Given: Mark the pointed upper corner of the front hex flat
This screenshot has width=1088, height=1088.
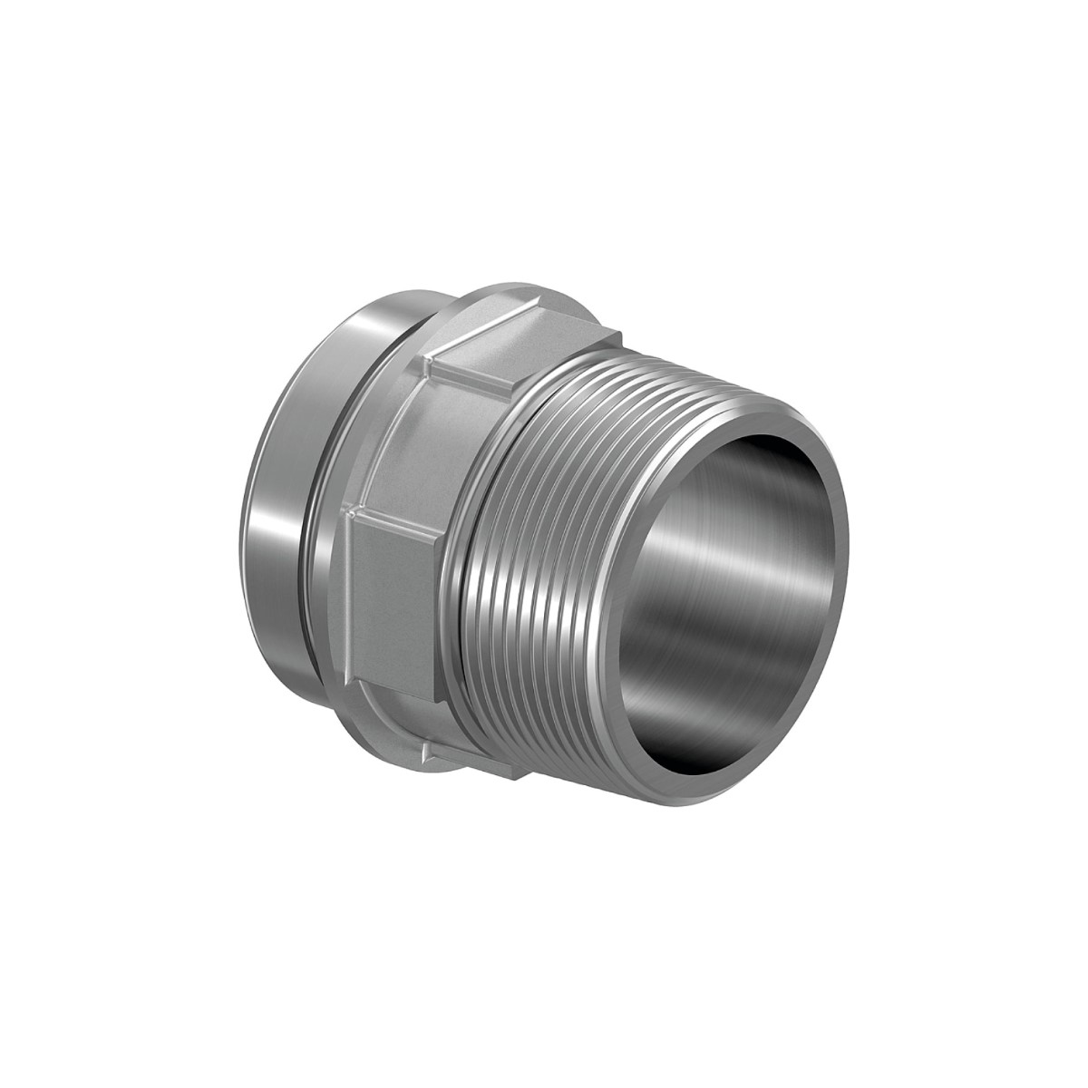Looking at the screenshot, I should (349, 512).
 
